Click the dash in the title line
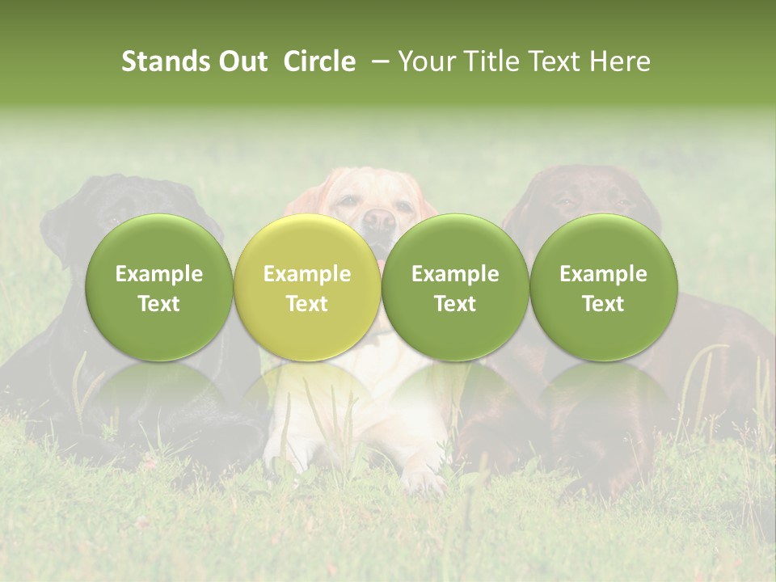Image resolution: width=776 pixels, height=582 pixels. coord(377,61)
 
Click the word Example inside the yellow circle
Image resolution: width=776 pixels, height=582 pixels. coord(307,274)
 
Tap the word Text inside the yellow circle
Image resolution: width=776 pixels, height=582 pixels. coord(307,304)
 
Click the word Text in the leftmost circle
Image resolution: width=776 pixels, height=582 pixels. coord(158,304)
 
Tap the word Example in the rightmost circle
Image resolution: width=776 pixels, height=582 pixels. coord(603,274)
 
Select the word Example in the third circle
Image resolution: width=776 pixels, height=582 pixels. coord(455,274)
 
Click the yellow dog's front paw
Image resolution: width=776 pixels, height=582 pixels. coord(423,481)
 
